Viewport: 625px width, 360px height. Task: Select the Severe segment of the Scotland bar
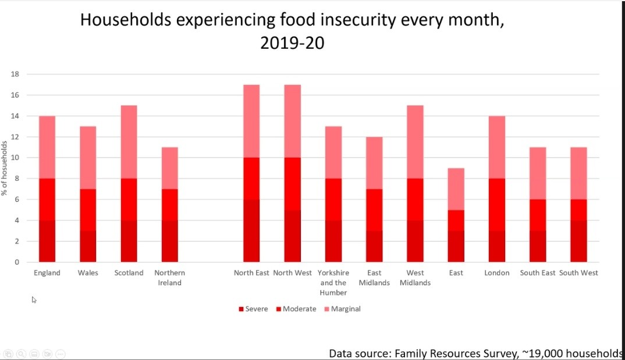tap(129, 241)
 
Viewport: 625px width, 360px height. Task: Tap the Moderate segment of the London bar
tap(496, 205)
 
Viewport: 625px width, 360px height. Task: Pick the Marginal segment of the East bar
tap(456, 189)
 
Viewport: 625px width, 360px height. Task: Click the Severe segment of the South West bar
tap(578, 241)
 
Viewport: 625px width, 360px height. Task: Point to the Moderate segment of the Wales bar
tap(88, 209)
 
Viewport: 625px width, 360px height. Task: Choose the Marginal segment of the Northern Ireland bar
tap(169, 168)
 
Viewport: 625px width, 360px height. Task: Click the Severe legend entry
tap(253, 309)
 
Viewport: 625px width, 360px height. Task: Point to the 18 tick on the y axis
tap(16, 74)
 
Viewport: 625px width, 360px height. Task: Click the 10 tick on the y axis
tap(16, 158)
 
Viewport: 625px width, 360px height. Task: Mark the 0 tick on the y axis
tap(17, 262)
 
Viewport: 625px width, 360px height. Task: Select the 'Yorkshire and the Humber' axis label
tap(333, 283)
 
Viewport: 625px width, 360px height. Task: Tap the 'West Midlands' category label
tap(415, 277)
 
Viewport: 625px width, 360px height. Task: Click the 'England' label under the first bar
tap(47, 273)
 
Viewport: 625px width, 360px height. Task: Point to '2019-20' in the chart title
tap(292, 43)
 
